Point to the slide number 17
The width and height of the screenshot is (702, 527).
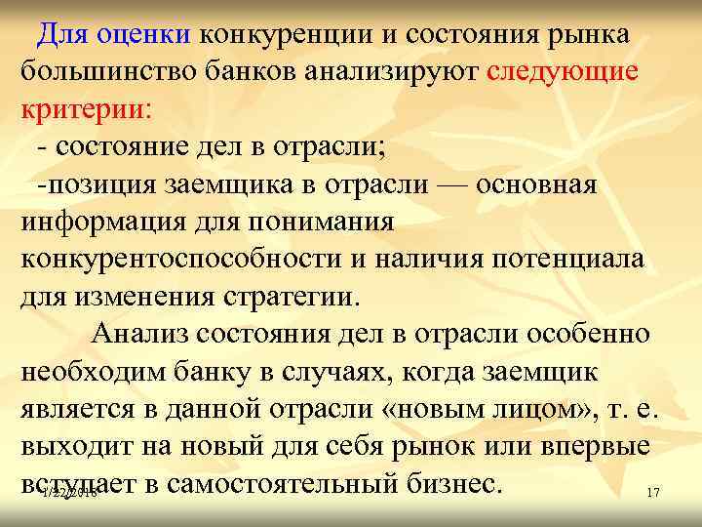pos(653,494)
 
